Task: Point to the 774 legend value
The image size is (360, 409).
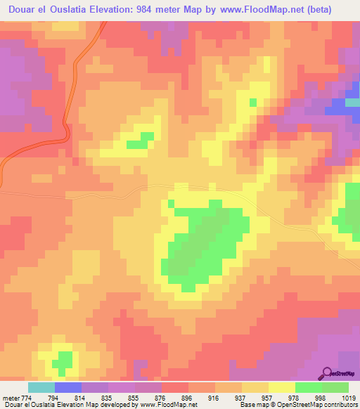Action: (27, 397)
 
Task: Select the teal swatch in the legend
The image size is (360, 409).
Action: (41, 387)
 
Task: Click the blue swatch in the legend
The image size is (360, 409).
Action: (68, 387)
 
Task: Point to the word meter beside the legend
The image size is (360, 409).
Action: (10, 397)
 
